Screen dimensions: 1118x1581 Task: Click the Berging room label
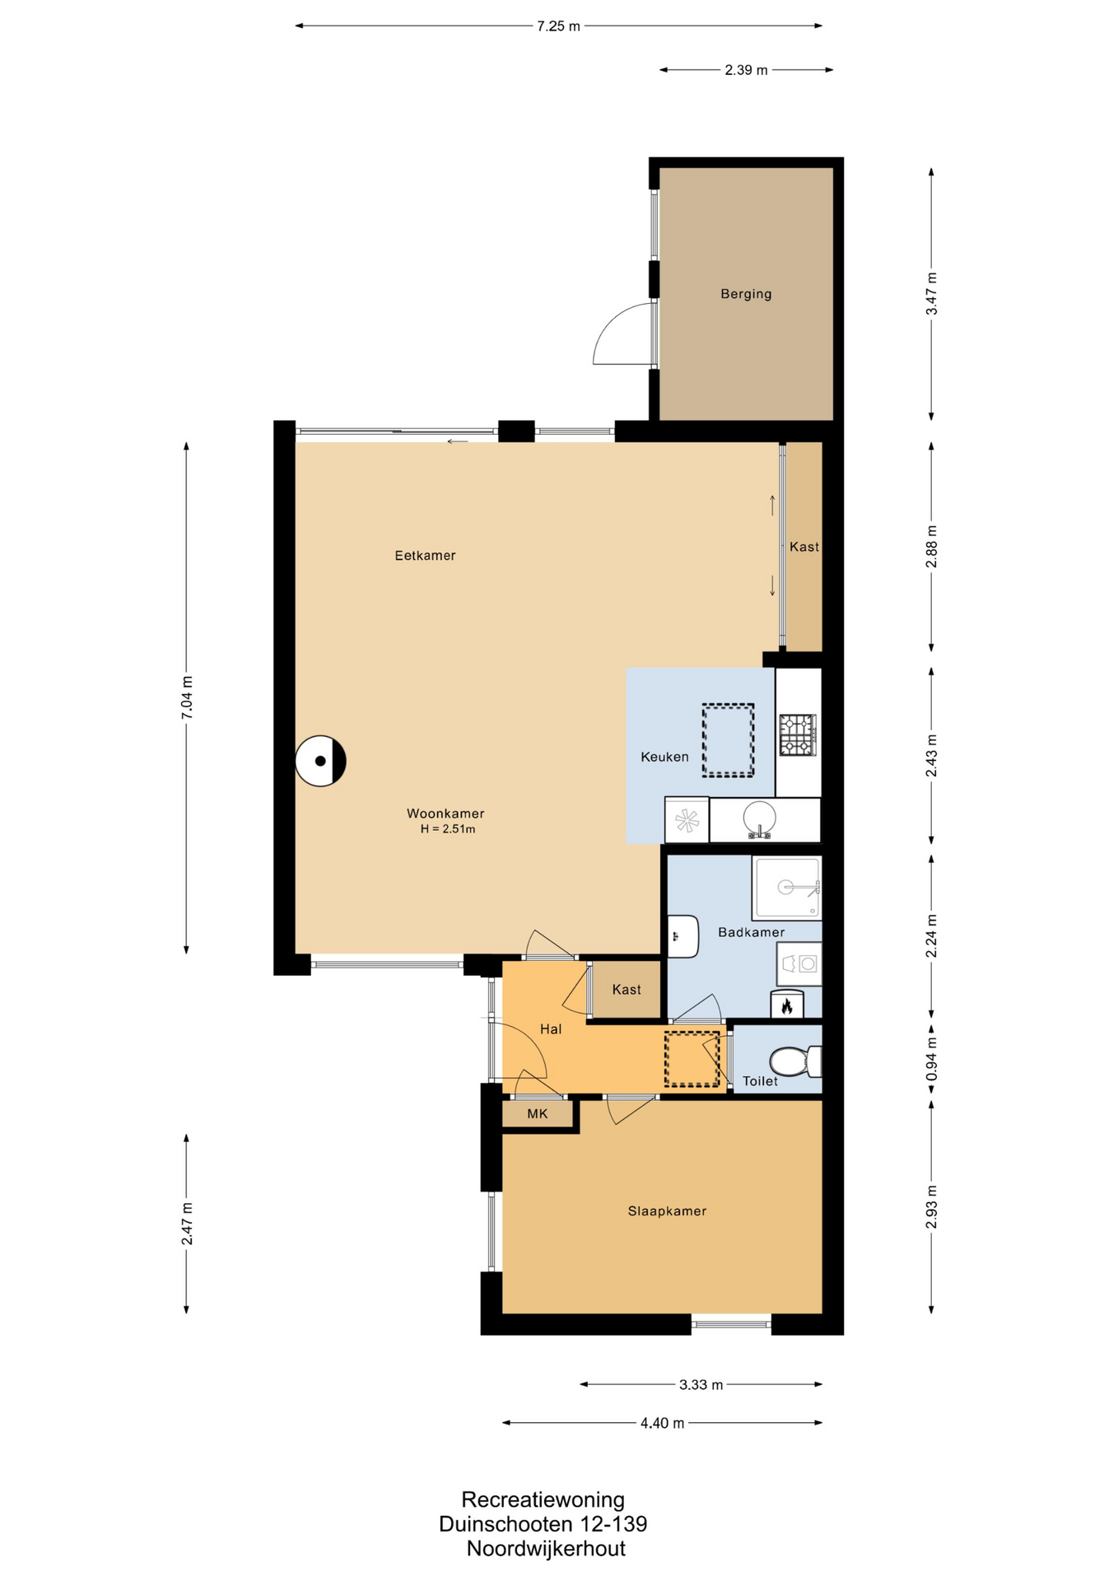(x=746, y=294)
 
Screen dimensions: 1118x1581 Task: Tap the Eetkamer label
(x=425, y=556)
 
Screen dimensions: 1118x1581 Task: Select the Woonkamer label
(x=445, y=814)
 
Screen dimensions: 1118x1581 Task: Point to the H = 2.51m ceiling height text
(x=448, y=829)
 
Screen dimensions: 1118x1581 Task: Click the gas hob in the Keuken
(x=798, y=735)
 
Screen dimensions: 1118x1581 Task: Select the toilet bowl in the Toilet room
(x=795, y=1061)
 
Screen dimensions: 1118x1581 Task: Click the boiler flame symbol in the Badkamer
(x=787, y=1005)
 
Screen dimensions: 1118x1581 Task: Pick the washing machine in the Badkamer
(x=799, y=963)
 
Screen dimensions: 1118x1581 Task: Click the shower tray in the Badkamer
(x=786, y=888)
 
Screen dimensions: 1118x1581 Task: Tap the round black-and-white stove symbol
(x=321, y=761)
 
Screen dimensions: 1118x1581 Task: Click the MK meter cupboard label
(x=538, y=1114)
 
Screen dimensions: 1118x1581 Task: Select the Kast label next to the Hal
(x=627, y=990)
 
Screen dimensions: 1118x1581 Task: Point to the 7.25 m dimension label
(x=559, y=26)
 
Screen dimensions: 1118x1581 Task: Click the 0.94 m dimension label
(x=932, y=1061)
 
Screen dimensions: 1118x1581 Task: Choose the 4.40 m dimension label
(x=663, y=1424)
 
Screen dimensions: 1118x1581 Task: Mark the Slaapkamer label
(x=667, y=1211)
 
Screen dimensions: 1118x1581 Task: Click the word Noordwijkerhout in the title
(x=546, y=1549)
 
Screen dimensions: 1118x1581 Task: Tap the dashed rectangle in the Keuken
(x=728, y=740)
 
